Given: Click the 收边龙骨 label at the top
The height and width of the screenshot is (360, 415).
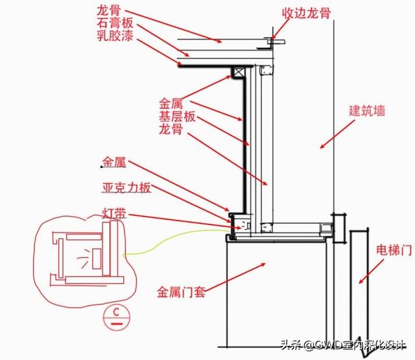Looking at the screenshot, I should click(307, 12).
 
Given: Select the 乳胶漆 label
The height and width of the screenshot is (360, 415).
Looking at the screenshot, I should click(116, 38).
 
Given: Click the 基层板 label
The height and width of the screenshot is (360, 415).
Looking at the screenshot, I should click(177, 117).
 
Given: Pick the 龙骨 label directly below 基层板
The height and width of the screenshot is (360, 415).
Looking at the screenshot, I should click(171, 130).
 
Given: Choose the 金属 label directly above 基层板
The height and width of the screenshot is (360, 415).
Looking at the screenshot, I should click(171, 104).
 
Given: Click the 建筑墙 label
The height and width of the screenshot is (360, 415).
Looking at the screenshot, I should click(368, 111).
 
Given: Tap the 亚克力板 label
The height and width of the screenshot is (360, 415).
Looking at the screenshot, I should click(126, 188).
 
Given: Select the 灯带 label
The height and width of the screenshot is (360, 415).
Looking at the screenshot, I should click(113, 213).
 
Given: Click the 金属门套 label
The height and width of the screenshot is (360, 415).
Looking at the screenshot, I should click(181, 291).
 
